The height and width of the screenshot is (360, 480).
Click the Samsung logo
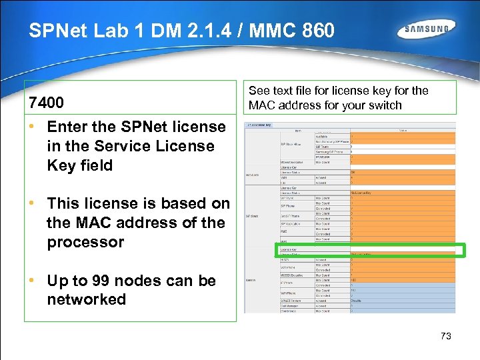427,29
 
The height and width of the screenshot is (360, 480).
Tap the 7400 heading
46,103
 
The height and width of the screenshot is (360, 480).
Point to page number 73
446,336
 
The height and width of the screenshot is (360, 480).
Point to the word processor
85,242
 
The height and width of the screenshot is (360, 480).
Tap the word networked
86,299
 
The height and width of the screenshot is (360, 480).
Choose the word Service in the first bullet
117,146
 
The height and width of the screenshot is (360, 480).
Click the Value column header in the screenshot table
402,131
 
